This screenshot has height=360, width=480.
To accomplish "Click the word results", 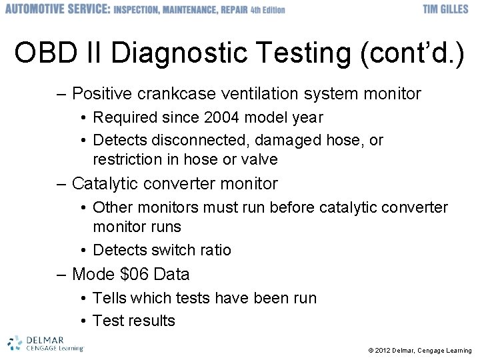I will tap(153, 321).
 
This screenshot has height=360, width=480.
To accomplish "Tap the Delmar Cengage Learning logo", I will tap(45, 343).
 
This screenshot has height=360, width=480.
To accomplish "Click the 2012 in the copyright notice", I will tap(383, 351).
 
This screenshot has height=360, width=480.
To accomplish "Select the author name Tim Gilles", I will tap(447, 9).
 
